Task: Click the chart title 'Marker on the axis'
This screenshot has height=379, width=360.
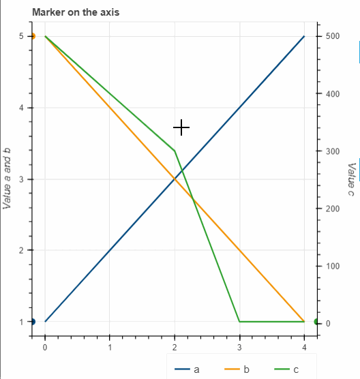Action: [76, 12]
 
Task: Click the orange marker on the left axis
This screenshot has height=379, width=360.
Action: [32, 36]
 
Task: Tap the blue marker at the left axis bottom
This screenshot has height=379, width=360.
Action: [32, 322]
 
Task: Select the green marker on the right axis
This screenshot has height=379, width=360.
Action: [317, 322]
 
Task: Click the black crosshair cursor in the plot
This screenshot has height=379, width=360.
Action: [181, 127]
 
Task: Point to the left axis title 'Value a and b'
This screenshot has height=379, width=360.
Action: [7, 179]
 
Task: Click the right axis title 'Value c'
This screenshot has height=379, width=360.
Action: [351, 179]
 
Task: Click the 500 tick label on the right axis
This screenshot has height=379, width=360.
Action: [332, 36]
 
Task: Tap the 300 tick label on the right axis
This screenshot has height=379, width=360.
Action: [332, 151]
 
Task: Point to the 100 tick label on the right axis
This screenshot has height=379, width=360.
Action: [332, 265]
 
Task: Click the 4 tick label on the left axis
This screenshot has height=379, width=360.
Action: [21, 108]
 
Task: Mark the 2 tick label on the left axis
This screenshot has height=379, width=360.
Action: [21, 250]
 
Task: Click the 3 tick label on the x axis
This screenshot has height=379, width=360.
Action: [239, 347]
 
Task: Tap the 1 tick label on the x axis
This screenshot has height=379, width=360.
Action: [110, 347]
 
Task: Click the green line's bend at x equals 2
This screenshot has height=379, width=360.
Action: [175, 150]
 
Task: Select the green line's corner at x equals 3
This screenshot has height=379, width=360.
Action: [239, 321]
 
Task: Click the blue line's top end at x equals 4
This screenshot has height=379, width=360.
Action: [304, 36]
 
